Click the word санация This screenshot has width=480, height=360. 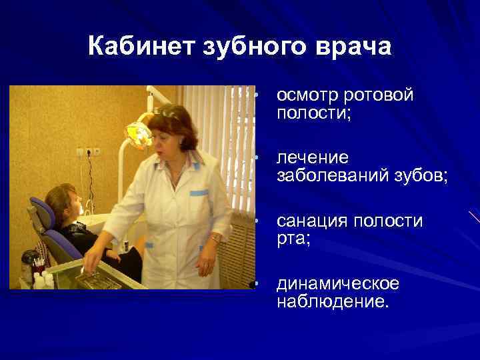(x=312, y=221)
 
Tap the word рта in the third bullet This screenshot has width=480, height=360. (x=291, y=238)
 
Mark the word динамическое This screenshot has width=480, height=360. (x=338, y=283)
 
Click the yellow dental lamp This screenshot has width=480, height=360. (x=139, y=134)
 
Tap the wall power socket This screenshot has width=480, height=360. (x=88, y=152)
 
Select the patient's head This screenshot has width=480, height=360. (x=67, y=203)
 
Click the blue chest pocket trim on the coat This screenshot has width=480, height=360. (x=199, y=193)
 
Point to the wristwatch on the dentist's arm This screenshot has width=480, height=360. (x=215, y=238)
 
